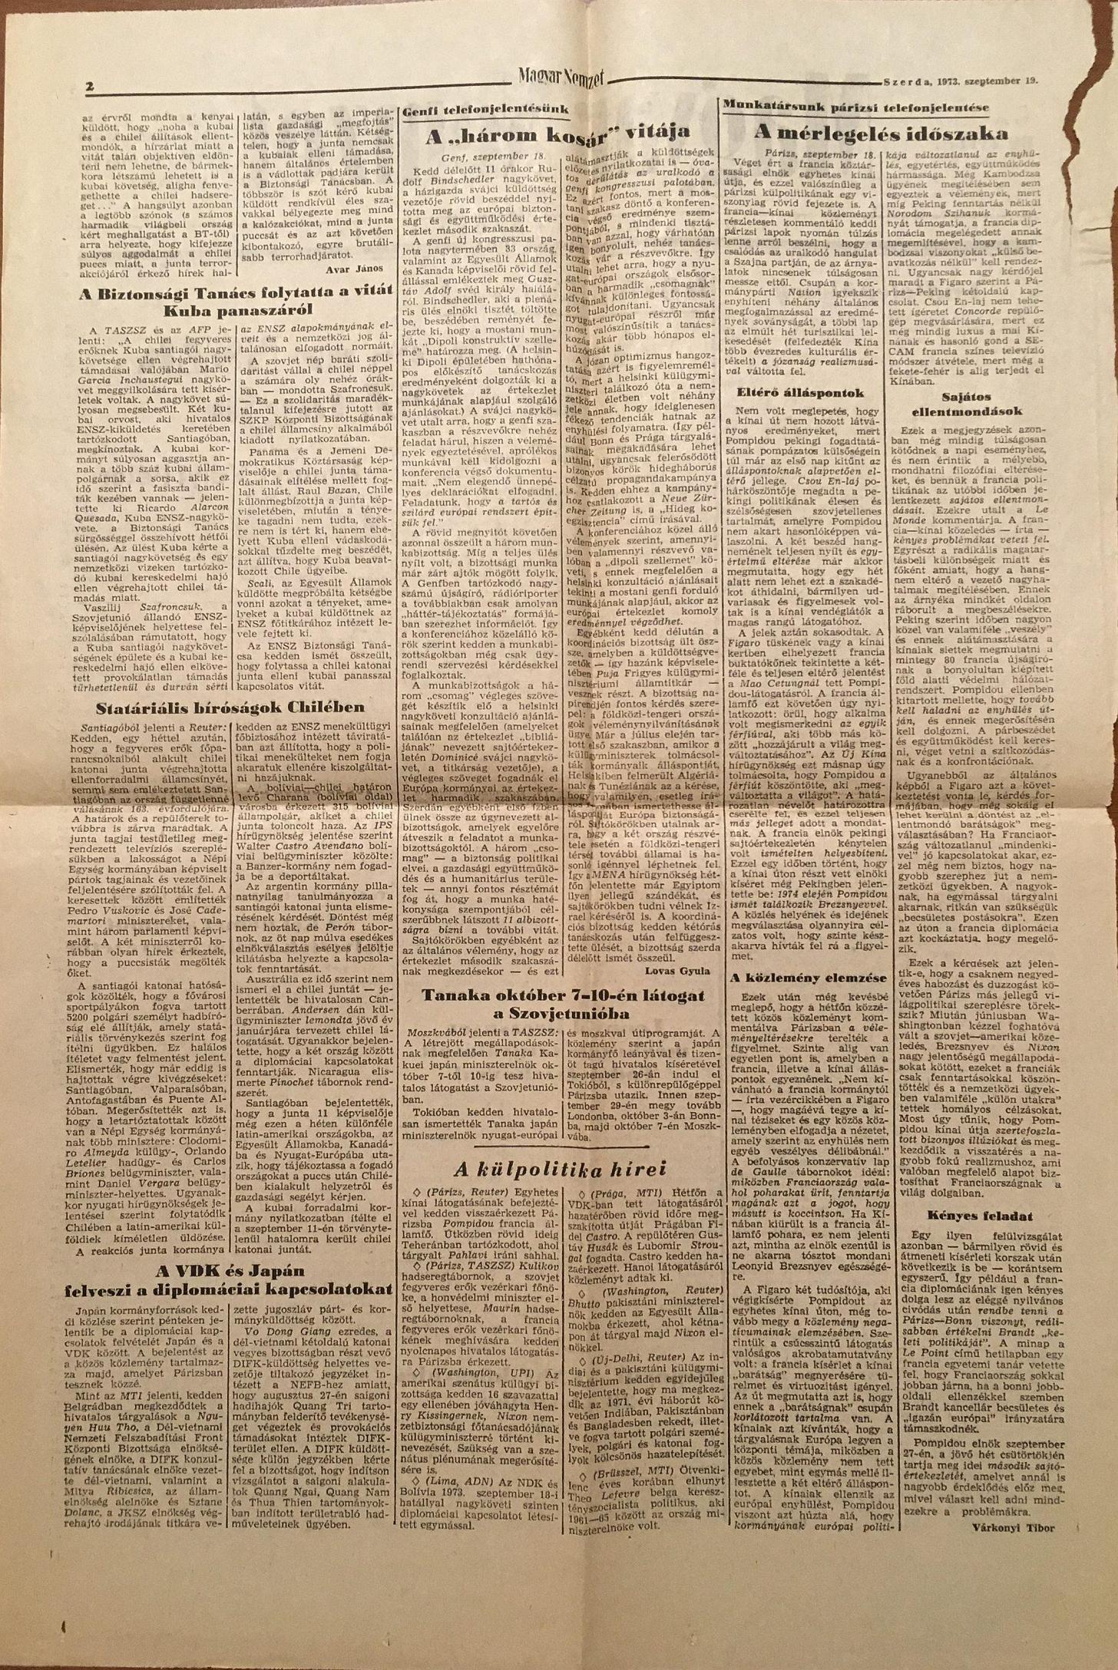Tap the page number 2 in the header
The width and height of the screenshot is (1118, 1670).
pos(90,86)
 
